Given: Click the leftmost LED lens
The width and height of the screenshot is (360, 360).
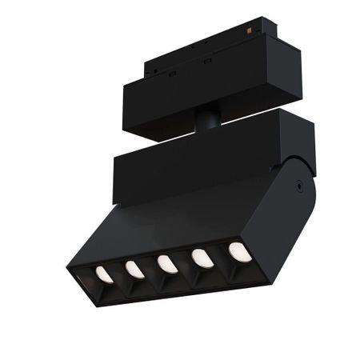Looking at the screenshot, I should pos(104,274).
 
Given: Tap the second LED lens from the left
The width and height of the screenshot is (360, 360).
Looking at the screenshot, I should pos(134,270).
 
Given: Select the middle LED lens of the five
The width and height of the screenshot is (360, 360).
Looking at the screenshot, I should pos(167,264).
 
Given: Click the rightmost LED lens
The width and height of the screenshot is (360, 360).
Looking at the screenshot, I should pos(239,252).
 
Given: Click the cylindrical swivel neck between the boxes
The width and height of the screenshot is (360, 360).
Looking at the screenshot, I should pos(207,120).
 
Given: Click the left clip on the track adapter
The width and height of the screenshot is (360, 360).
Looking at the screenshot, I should pos(171,73).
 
